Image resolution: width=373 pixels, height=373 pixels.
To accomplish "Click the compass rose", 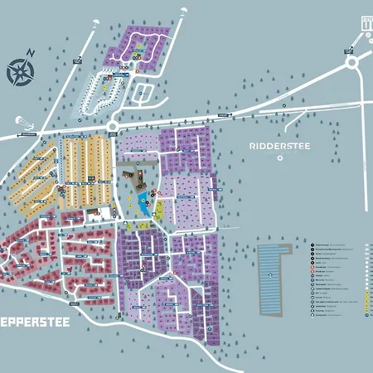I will coord(19,71).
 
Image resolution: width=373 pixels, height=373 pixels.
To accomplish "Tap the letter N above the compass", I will coord(31,53).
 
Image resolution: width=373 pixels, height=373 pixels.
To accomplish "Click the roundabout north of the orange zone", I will coord(112,126).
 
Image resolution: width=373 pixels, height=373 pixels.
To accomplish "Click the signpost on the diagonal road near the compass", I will coord(76,59).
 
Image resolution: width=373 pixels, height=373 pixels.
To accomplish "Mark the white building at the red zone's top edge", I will coord(110,211).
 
